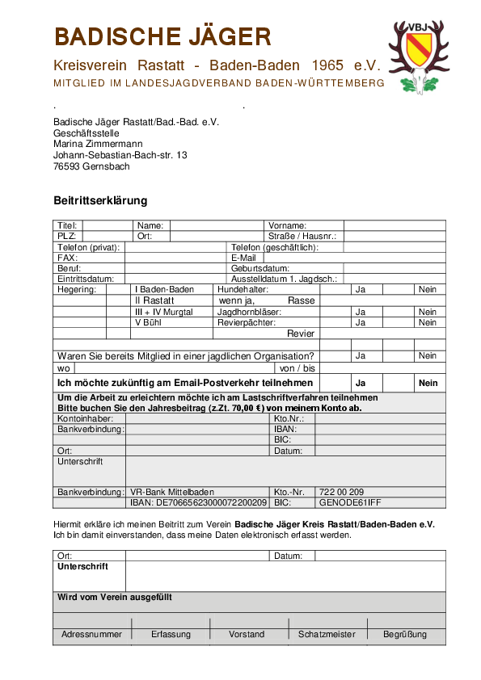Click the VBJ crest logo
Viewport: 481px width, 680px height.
coord(418,55)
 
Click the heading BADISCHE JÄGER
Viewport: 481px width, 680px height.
coord(162,37)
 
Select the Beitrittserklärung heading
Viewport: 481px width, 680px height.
coord(100,200)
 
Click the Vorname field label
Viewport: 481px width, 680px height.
coord(287,225)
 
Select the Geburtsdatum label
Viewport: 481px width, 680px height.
coord(260,267)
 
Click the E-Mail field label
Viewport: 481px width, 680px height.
coord(243,257)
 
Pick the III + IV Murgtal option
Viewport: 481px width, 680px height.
coord(163,311)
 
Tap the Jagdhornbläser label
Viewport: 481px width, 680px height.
coord(250,311)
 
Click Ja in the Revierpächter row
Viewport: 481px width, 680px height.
coord(361,322)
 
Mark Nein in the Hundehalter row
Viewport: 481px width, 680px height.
coord(427,289)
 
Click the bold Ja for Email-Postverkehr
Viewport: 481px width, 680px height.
coord(361,383)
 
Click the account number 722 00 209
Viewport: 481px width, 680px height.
coord(341,491)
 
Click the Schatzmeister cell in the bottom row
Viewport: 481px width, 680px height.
coord(327,634)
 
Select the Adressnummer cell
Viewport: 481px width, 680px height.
coord(91,634)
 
